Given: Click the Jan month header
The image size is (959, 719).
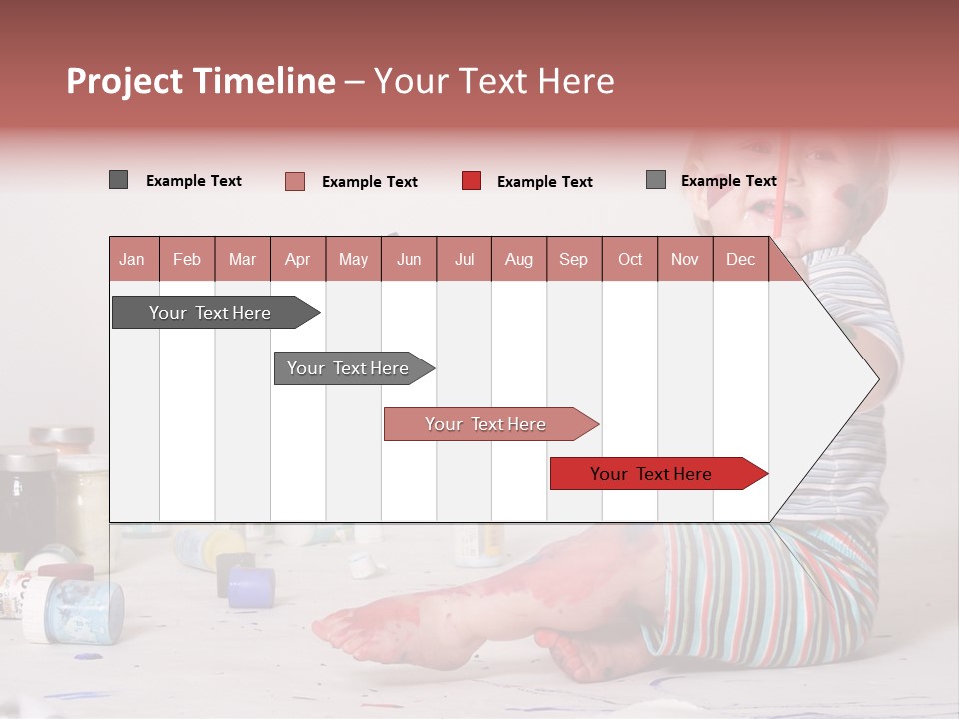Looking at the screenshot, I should [133, 259].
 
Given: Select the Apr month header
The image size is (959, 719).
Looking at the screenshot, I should [297, 259].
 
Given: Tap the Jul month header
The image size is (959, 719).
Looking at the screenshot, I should [464, 259].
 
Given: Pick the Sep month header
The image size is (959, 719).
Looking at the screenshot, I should [573, 259].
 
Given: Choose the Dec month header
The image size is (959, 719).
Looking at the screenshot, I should [740, 259].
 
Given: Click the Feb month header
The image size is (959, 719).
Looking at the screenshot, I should [187, 259].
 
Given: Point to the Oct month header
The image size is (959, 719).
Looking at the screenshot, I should [629, 259].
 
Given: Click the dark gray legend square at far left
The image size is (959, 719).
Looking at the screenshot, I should [118, 180].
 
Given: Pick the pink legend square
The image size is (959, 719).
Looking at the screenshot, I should [294, 181].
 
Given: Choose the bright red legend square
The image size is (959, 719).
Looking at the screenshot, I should [472, 181].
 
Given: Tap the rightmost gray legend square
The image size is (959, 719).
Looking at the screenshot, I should [655, 180].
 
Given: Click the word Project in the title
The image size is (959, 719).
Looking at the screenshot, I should [126, 81].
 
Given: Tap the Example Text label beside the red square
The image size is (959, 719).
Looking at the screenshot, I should [544, 182].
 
